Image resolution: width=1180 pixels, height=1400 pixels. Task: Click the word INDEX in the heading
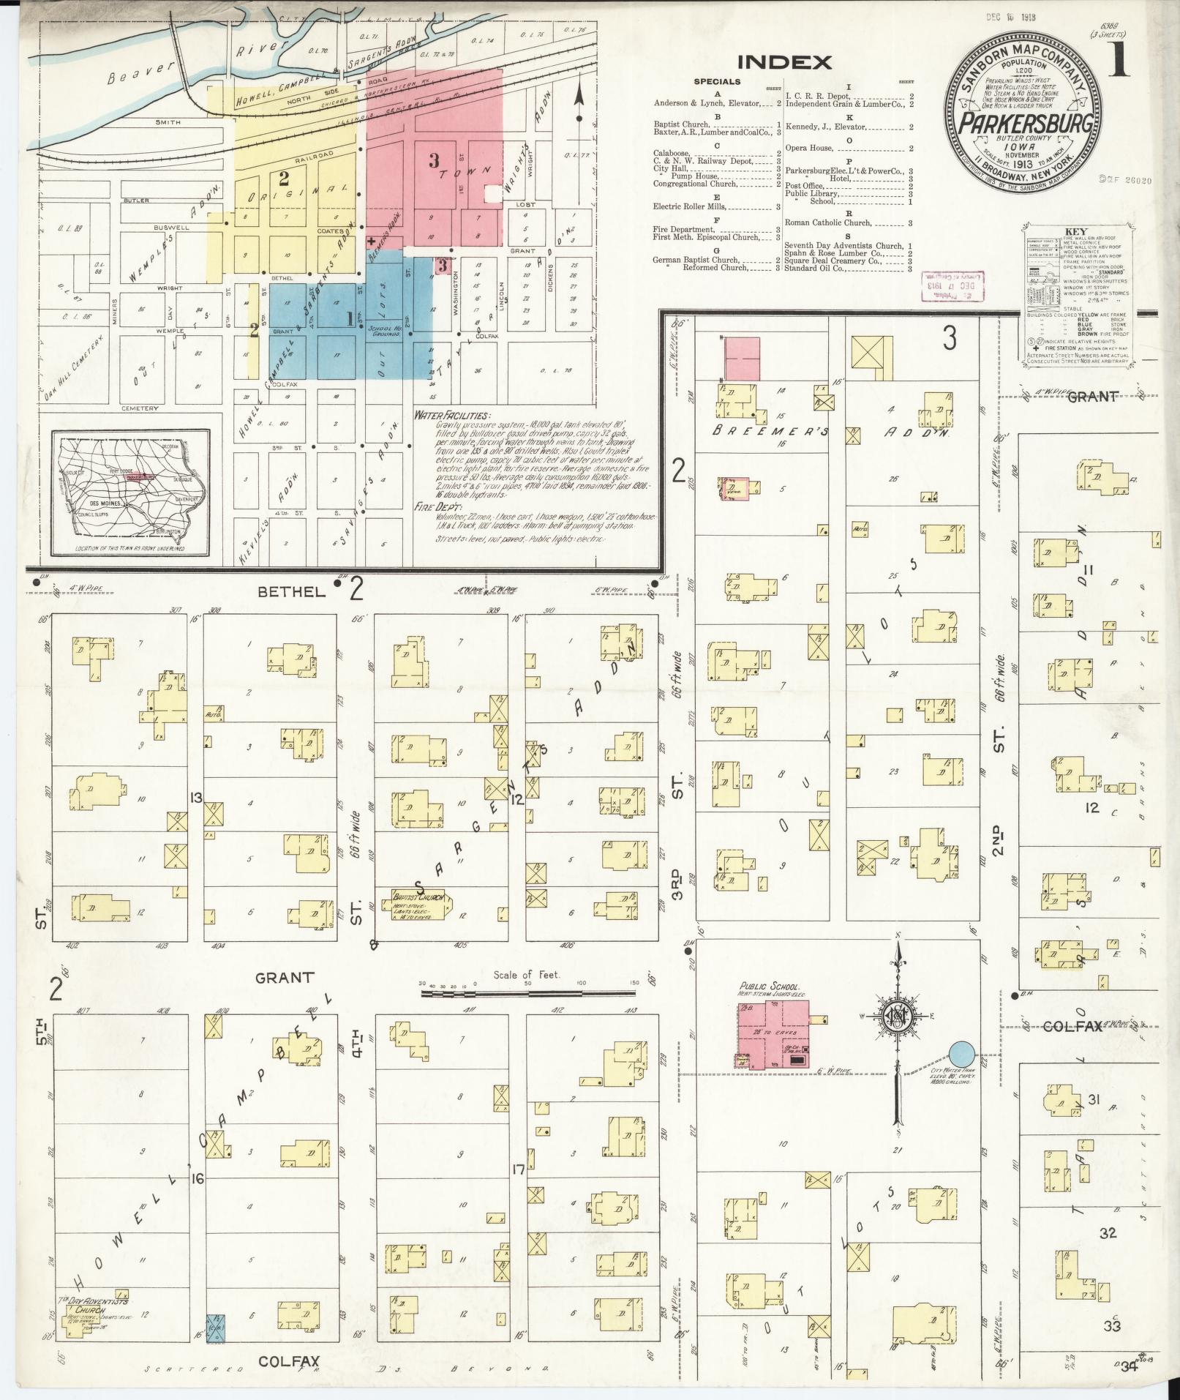coord(784,62)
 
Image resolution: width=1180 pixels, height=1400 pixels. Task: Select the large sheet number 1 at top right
coord(1119,62)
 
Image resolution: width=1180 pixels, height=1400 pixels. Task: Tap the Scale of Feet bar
coord(527,995)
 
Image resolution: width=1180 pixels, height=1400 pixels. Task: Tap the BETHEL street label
coord(290,592)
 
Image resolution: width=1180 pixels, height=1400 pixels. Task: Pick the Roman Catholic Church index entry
coord(827,222)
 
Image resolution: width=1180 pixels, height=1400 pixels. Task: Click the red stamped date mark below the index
coord(952,285)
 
